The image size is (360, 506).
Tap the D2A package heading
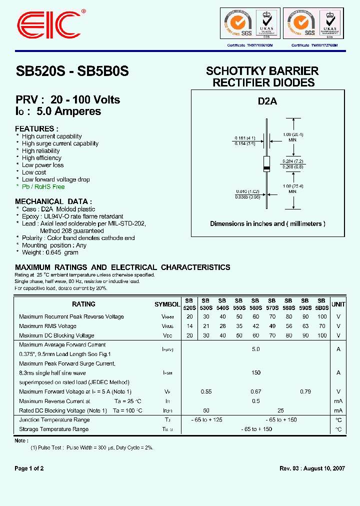click(267, 101)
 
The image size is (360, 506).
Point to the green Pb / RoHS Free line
click(43, 186)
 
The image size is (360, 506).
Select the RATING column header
click(83, 304)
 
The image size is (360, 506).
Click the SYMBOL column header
click(167, 304)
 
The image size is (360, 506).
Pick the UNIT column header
click(338, 304)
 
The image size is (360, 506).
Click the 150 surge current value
click(255, 372)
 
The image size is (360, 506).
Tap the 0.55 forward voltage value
click(205, 391)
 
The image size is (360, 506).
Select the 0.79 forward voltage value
click(305, 391)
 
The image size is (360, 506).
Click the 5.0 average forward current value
click(255, 349)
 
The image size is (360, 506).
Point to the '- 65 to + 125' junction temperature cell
click(206, 420)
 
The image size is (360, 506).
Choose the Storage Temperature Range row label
click(53, 429)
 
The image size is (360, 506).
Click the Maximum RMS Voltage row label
click(47, 326)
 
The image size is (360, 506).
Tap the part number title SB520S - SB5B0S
click(72, 71)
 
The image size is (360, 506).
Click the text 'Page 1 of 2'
click(29, 468)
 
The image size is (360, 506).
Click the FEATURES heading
click(36, 128)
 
